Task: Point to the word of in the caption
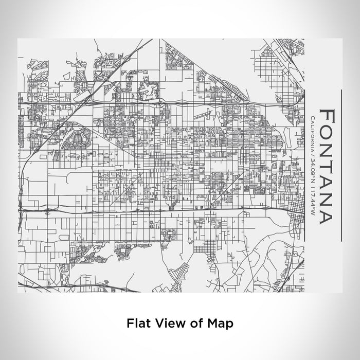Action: coord(195,323)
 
